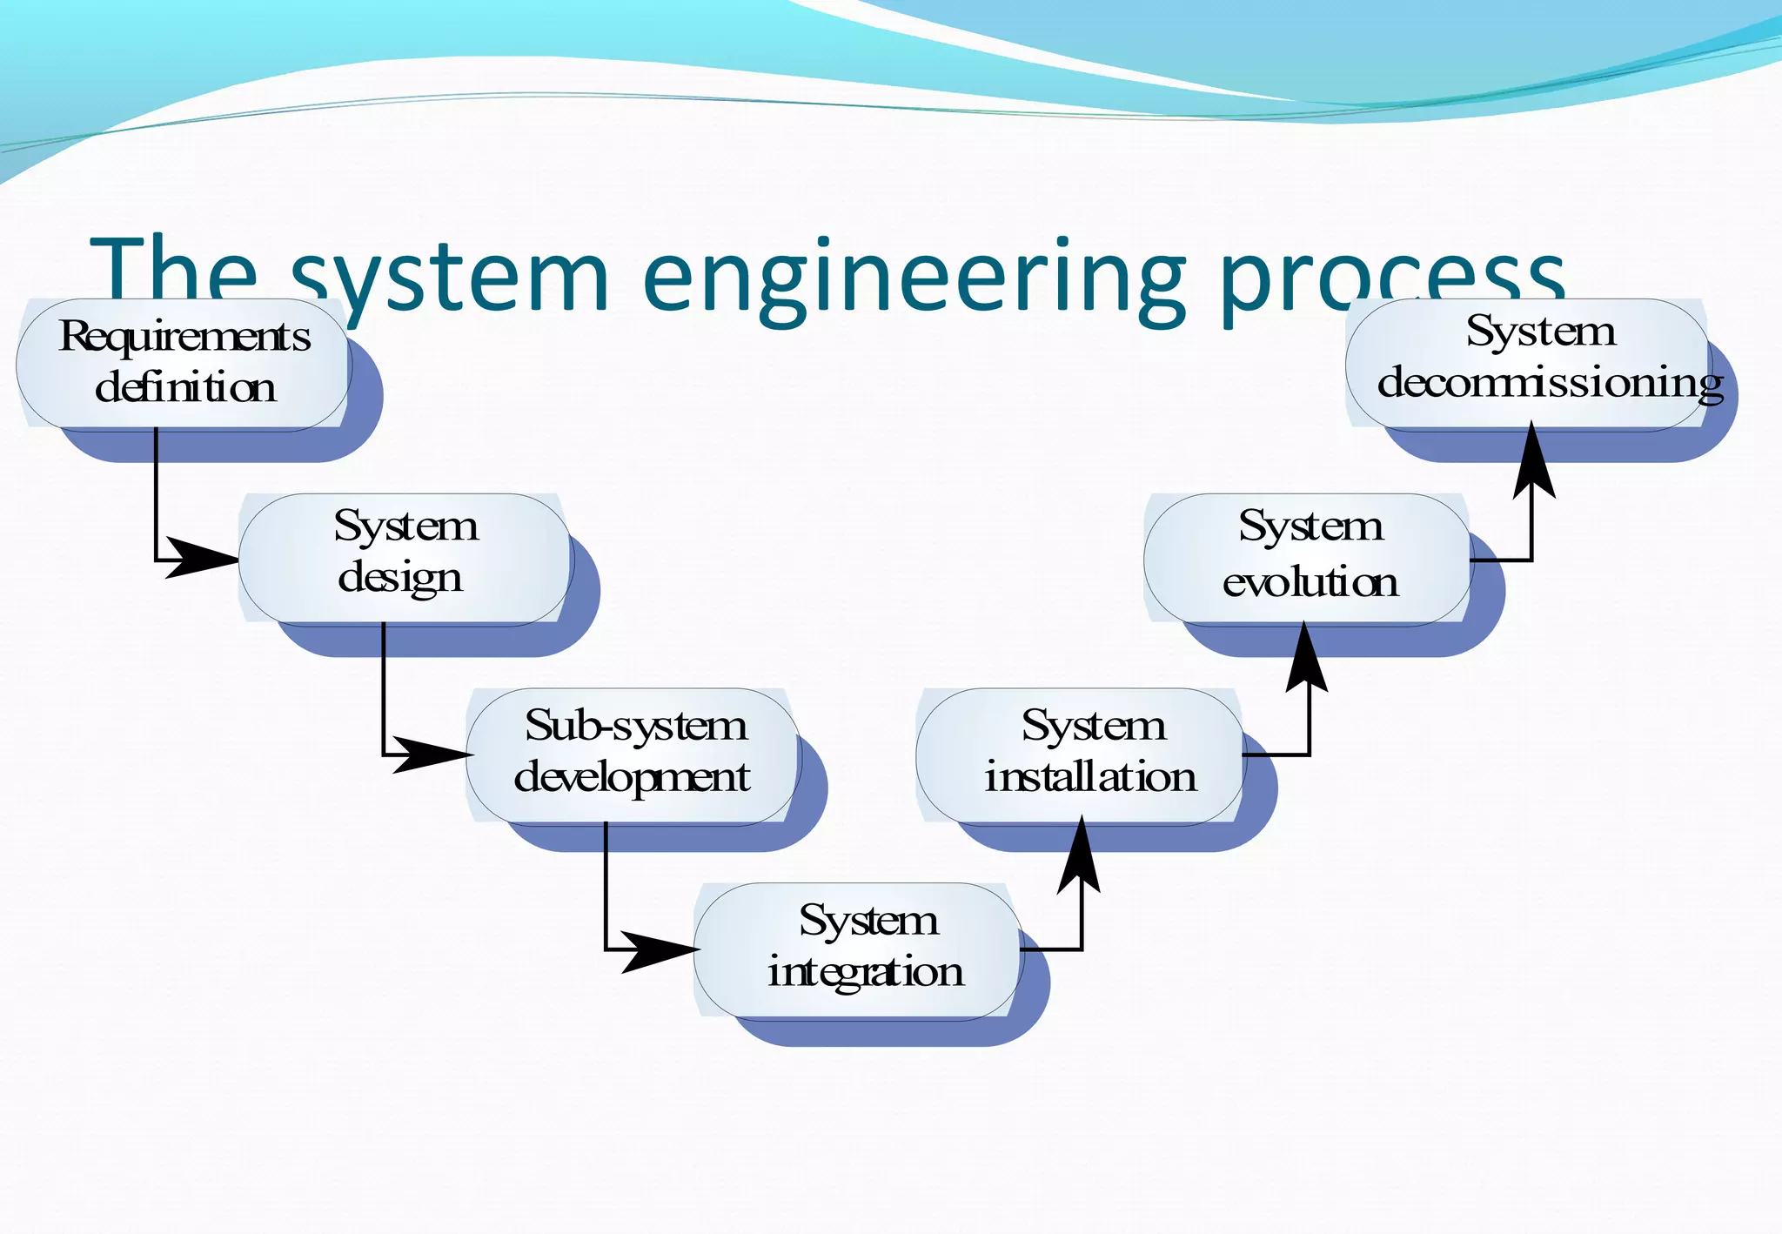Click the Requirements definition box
(183, 364)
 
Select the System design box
(405, 559)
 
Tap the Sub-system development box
(633, 754)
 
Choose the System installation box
(1080, 754)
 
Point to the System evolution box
(1307, 559)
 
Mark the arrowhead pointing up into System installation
(1080, 857)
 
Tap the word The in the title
(174, 277)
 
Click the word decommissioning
(1550, 384)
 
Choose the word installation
(1090, 776)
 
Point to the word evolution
(1310, 582)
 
